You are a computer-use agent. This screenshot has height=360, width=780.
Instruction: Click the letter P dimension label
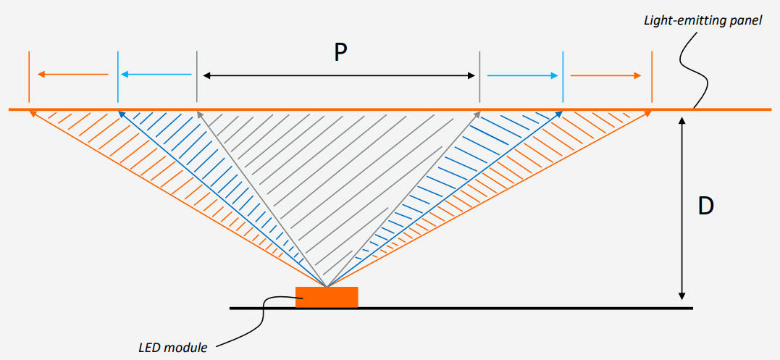[x=340, y=51]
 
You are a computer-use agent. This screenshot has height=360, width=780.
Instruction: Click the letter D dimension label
[x=705, y=206]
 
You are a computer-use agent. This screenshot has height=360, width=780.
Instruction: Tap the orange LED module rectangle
[x=327, y=297]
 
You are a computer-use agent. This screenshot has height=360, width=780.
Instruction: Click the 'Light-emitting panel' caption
[x=703, y=20]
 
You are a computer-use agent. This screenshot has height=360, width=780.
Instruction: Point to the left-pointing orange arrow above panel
[x=72, y=75]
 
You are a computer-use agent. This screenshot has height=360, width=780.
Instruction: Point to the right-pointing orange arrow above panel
[x=606, y=75]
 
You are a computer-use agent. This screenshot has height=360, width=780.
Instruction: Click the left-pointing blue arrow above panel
[x=156, y=75]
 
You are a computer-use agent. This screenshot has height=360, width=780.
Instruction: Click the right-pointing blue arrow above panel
[x=523, y=75]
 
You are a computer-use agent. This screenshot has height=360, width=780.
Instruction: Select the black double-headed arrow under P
[x=338, y=75]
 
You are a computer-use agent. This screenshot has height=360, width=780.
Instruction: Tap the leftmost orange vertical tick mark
[x=29, y=76]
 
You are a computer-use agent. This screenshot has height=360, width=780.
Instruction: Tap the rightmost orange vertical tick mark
[x=652, y=76]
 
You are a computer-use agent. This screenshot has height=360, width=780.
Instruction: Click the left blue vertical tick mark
[x=117, y=76]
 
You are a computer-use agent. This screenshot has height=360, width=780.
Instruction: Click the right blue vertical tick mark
[x=563, y=76]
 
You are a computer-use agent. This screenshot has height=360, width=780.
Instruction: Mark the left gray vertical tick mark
[x=196, y=76]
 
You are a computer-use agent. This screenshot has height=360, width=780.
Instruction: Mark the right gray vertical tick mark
[x=479, y=76]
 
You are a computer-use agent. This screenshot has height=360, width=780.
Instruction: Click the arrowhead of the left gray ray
[x=199, y=114]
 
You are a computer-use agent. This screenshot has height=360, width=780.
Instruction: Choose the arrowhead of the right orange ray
[x=647, y=113]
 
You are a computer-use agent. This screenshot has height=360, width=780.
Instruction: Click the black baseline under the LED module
[x=507, y=308]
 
